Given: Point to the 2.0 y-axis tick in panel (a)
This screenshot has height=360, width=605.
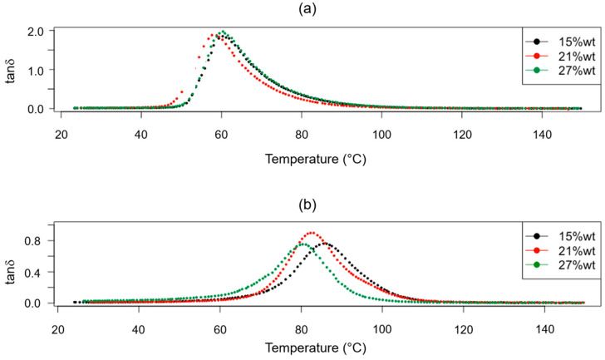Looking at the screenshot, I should point(38,32).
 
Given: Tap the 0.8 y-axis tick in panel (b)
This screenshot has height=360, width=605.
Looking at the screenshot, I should point(38,241).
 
